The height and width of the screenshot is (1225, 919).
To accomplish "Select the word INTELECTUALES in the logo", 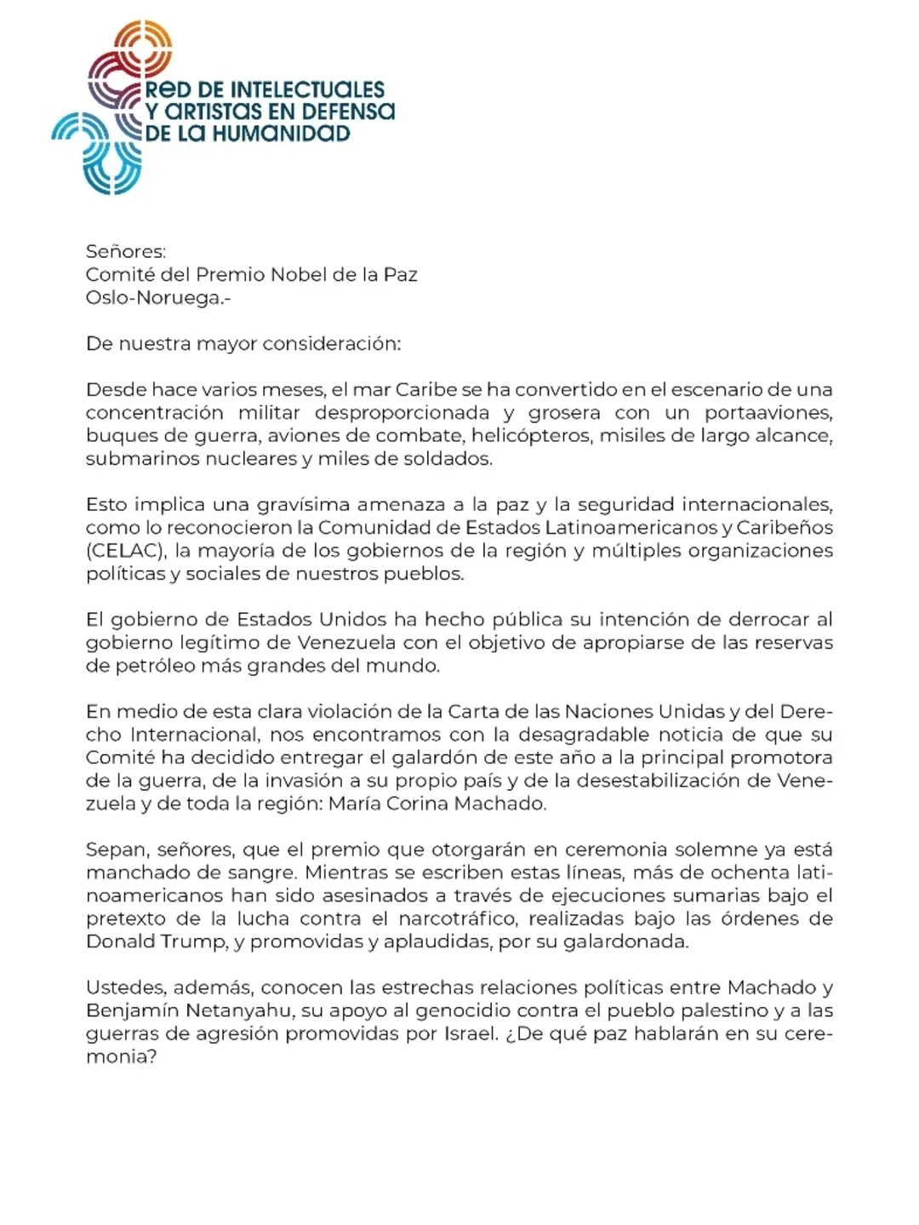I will pos(307,89).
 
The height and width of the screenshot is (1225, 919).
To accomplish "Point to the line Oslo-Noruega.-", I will pos(158,298).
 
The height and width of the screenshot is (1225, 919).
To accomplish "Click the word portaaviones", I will pos(768,413).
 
